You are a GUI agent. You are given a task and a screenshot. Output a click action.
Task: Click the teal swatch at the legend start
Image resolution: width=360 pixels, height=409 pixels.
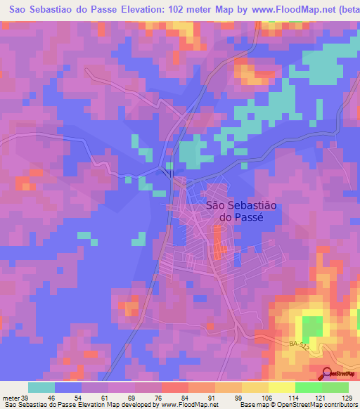click(41, 387)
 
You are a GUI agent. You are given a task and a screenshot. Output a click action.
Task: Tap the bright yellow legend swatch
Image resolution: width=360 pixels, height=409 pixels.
click(281, 387)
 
